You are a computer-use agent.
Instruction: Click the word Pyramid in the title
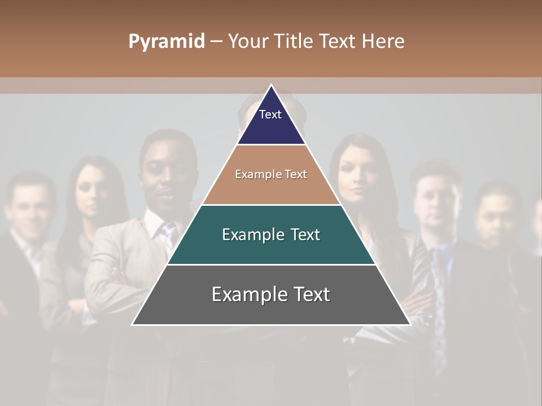point(166,42)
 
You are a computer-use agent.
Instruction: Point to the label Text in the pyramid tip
point(270,114)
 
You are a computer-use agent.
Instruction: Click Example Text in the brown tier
point(271,174)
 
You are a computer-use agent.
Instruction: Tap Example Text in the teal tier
point(271,235)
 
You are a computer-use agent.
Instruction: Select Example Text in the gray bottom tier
point(271,294)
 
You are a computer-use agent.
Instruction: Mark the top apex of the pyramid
point(271,85)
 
